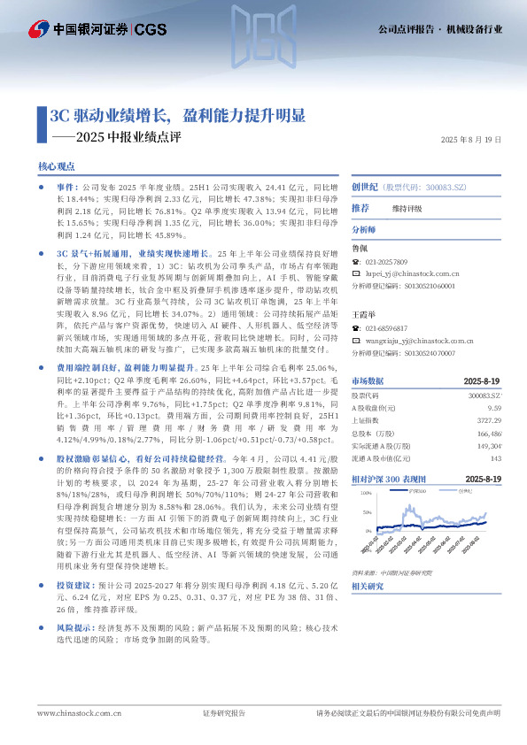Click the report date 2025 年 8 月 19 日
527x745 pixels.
470,140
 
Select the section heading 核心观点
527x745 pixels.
56,166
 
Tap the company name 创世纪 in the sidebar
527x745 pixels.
365,188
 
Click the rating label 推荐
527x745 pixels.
360,208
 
